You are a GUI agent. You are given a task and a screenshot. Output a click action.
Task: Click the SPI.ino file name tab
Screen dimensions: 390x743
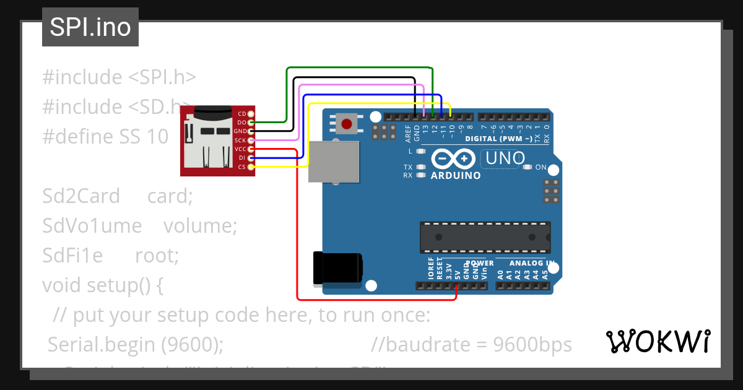tap(90, 28)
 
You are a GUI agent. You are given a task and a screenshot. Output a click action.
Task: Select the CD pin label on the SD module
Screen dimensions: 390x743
tap(242, 114)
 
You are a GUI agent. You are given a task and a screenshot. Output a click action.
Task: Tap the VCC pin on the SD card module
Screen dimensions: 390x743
tap(251, 149)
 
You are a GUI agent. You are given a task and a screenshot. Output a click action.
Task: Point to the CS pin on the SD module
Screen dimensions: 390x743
tap(251, 167)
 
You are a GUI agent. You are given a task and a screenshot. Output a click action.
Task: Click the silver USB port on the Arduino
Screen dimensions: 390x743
tap(334, 162)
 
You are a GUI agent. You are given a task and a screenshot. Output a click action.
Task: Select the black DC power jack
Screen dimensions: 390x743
tap(337, 269)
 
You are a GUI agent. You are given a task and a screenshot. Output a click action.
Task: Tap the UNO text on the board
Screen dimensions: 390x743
tap(505, 158)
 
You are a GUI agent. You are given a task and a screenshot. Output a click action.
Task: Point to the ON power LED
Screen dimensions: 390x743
tap(528, 167)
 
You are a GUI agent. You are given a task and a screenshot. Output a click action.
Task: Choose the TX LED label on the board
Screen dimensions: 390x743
tap(408, 167)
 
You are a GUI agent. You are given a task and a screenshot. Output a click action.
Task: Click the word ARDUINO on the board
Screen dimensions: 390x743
tap(455, 176)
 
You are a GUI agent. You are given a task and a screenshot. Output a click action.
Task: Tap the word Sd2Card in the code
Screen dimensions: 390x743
tap(81, 196)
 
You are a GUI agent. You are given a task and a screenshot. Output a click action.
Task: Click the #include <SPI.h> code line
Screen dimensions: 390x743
tap(119, 77)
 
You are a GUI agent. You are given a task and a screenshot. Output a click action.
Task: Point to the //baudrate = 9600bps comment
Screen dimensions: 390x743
tap(472, 344)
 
